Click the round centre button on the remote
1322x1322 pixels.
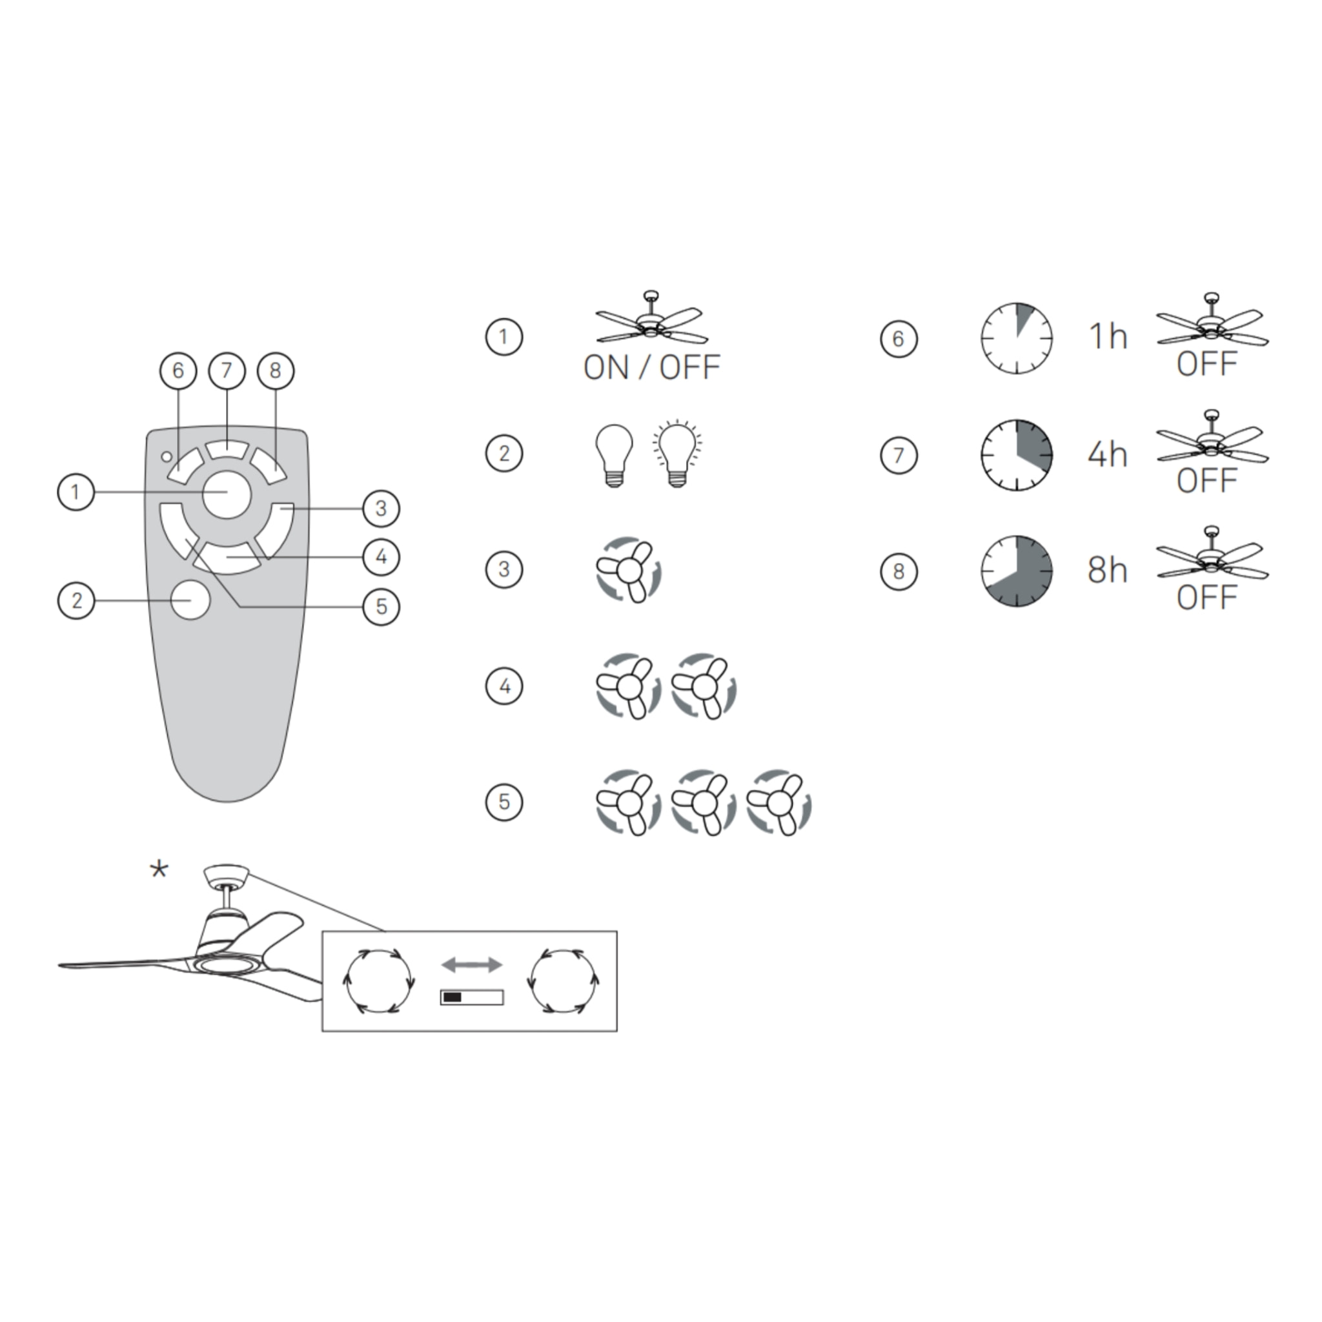click(x=227, y=494)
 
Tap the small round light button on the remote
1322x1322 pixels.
click(x=190, y=600)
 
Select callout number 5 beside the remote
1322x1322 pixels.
click(x=381, y=606)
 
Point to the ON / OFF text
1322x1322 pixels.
click(x=651, y=367)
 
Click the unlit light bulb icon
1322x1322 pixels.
click(x=615, y=454)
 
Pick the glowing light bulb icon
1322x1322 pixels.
click(x=676, y=453)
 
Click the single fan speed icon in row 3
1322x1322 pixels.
click(x=627, y=570)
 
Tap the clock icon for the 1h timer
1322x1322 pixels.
click(x=1017, y=338)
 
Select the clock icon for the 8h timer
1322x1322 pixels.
click(x=1017, y=571)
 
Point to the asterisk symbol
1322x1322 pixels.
click(x=159, y=869)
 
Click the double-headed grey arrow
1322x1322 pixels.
click(x=471, y=966)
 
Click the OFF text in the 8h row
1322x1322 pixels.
click(x=1207, y=598)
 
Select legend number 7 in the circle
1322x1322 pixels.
click(x=899, y=455)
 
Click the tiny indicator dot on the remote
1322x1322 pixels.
click(x=167, y=456)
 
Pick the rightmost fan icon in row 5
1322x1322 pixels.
click(x=778, y=803)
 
